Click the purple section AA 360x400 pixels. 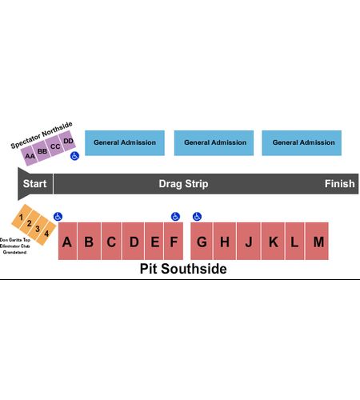pyautogui.click(x=30, y=156)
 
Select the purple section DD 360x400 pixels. pyautogui.click(x=67, y=141)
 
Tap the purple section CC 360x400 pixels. pyautogui.click(x=54, y=146)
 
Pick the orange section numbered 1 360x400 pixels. pyautogui.click(x=22, y=216)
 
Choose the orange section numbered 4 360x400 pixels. pyautogui.click(x=46, y=234)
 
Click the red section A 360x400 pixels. pyautogui.click(x=67, y=241)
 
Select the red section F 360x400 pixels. pyautogui.click(x=174, y=241)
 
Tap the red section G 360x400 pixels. pyautogui.click(x=202, y=241)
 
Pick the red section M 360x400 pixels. pyautogui.click(x=318, y=241)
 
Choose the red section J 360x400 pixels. pyautogui.click(x=249, y=241)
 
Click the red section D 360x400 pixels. pyautogui.click(x=134, y=241)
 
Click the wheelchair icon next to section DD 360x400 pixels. pyautogui.click(x=75, y=156)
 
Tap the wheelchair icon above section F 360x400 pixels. pyautogui.click(x=175, y=217)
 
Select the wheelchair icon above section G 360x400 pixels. pyautogui.click(x=197, y=217)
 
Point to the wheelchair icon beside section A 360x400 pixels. pyautogui.click(x=58, y=217)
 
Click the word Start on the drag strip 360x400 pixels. pyautogui.click(x=34, y=184)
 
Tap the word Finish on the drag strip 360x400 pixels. pyautogui.click(x=339, y=184)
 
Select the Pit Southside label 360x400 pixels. pyautogui.click(x=183, y=269)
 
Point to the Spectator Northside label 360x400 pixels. pyautogui.click(x=42, y=135)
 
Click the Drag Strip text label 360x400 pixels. pyautogui.click(x=183, y=184)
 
